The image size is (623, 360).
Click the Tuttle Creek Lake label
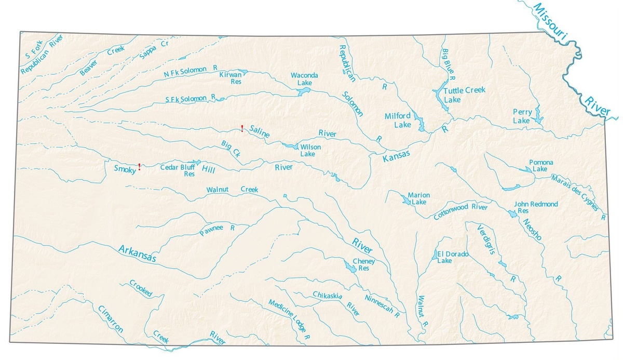[x=465, y=94]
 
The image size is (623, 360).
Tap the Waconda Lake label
[x=304, y=79]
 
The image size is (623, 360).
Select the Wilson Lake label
[x=310, y=151]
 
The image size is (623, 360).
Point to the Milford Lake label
[x=398, y=120]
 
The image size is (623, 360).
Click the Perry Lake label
[x=521, y=116]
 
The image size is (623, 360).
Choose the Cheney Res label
[x=363, y=265]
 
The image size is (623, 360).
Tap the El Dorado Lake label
[x=452, y=257]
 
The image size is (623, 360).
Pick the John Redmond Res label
[x=536, y=208]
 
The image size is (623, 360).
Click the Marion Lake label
[x=418, y=198]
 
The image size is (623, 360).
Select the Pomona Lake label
[x=540, y=166]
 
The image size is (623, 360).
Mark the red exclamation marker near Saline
[x=242, y=128]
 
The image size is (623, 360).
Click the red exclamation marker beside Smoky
[x=139, y=167]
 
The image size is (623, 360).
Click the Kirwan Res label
[x=231, y=78]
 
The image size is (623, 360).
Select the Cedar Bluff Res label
[x=178, y=170]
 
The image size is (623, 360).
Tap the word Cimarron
[x=110, y=318]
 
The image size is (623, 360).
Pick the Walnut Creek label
[x=232, y=190]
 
